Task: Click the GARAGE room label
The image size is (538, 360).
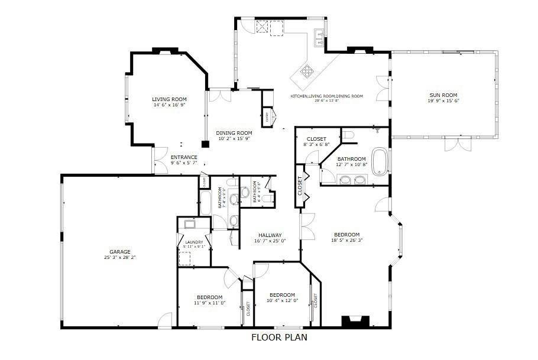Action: tap(119, 251)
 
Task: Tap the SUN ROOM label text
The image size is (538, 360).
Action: tap(443, 95)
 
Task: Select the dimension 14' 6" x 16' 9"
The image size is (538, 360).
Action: tap(169, 105)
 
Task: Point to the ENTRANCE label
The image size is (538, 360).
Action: tap(184, 157)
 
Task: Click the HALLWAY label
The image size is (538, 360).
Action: tap(270, 235)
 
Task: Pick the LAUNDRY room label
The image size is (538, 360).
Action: tap(194, 242)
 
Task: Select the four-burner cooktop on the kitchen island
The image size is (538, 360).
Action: tap(308, 72)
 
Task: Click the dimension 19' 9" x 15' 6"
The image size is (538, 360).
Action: tap(443, 101)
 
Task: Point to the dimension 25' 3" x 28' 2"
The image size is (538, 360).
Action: tap(119, 258)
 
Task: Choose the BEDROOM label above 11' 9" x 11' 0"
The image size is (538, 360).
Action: tap(209, 297)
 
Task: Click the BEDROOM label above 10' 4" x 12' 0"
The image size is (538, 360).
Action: tap(282, 295)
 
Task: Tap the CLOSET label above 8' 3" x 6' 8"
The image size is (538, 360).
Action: tap(316, 139)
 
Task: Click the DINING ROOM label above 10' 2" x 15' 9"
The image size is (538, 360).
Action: tap(234, 133)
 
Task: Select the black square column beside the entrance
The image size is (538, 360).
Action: tap(205, 144)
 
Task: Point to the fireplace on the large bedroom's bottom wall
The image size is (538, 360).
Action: tap(356, 322)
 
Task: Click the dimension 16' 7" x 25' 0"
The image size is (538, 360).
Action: tap(270, 241)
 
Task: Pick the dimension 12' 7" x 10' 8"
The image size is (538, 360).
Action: tap(351, 165)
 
